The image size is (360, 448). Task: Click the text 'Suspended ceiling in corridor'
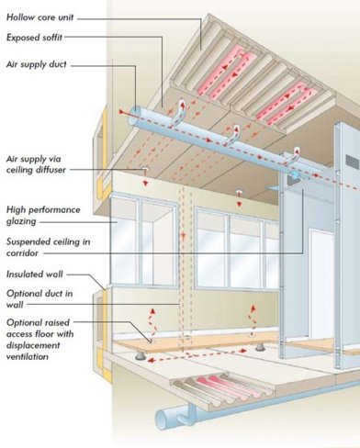pyautogui.click(x=43, y=248)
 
